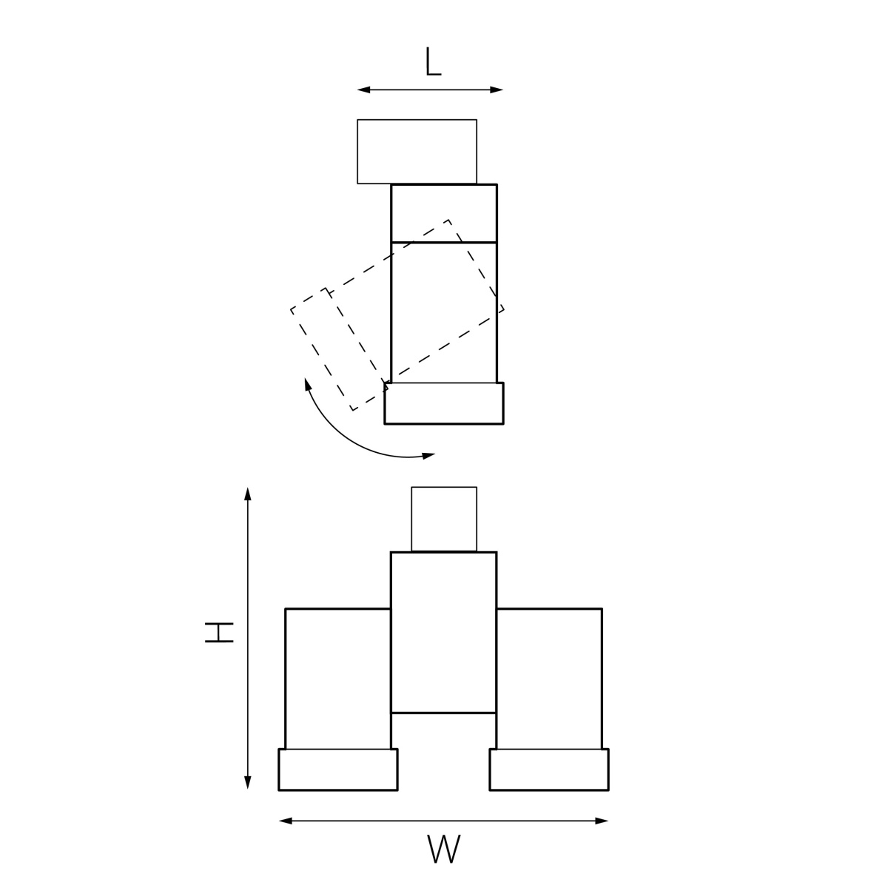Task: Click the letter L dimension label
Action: point(433,61)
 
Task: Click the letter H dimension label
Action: point(219,632)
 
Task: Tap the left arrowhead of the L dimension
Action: point(363,90)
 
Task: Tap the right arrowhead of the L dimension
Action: point(497,90)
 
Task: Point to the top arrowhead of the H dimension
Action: point(248,494)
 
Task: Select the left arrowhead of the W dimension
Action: point(286,821)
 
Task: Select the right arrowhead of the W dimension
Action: point(602,821)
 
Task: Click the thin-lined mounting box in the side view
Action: point(417,152)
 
